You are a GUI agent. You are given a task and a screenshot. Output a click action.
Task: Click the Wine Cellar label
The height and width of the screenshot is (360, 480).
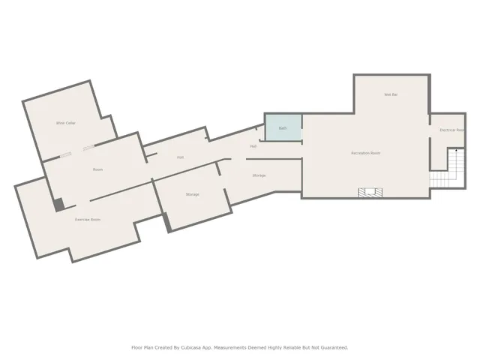point(66,122)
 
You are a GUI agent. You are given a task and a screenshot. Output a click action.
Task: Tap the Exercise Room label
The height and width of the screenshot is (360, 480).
point(88,219)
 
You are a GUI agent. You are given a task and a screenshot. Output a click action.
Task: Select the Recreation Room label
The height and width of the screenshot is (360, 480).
point(366,153)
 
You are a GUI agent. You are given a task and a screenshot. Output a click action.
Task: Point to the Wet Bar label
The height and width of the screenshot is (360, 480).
point(390,94)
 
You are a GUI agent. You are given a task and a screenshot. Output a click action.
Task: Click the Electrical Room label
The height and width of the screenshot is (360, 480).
point(451,130)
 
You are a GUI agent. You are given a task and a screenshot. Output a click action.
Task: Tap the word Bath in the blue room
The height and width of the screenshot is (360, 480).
point(283,128)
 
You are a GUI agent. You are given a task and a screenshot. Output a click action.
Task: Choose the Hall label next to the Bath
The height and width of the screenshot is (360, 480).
point(253,146)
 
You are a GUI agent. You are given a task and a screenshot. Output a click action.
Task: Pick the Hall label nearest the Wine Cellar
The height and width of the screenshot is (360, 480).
point(181,157)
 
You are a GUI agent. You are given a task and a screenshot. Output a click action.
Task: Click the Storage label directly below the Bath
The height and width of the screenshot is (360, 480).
point(259,175)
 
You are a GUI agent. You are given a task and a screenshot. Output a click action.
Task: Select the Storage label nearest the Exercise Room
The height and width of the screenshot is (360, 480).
point(193,194)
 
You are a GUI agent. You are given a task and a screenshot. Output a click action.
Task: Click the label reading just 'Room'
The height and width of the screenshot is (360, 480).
point(97,169)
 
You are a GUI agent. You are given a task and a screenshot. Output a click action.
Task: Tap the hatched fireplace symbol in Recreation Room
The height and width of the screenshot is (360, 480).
point(367,193)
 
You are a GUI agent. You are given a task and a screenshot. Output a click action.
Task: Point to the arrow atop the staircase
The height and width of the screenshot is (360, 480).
point(453,153)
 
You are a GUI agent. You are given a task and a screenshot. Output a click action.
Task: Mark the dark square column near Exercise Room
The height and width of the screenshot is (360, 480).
point(58,205)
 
